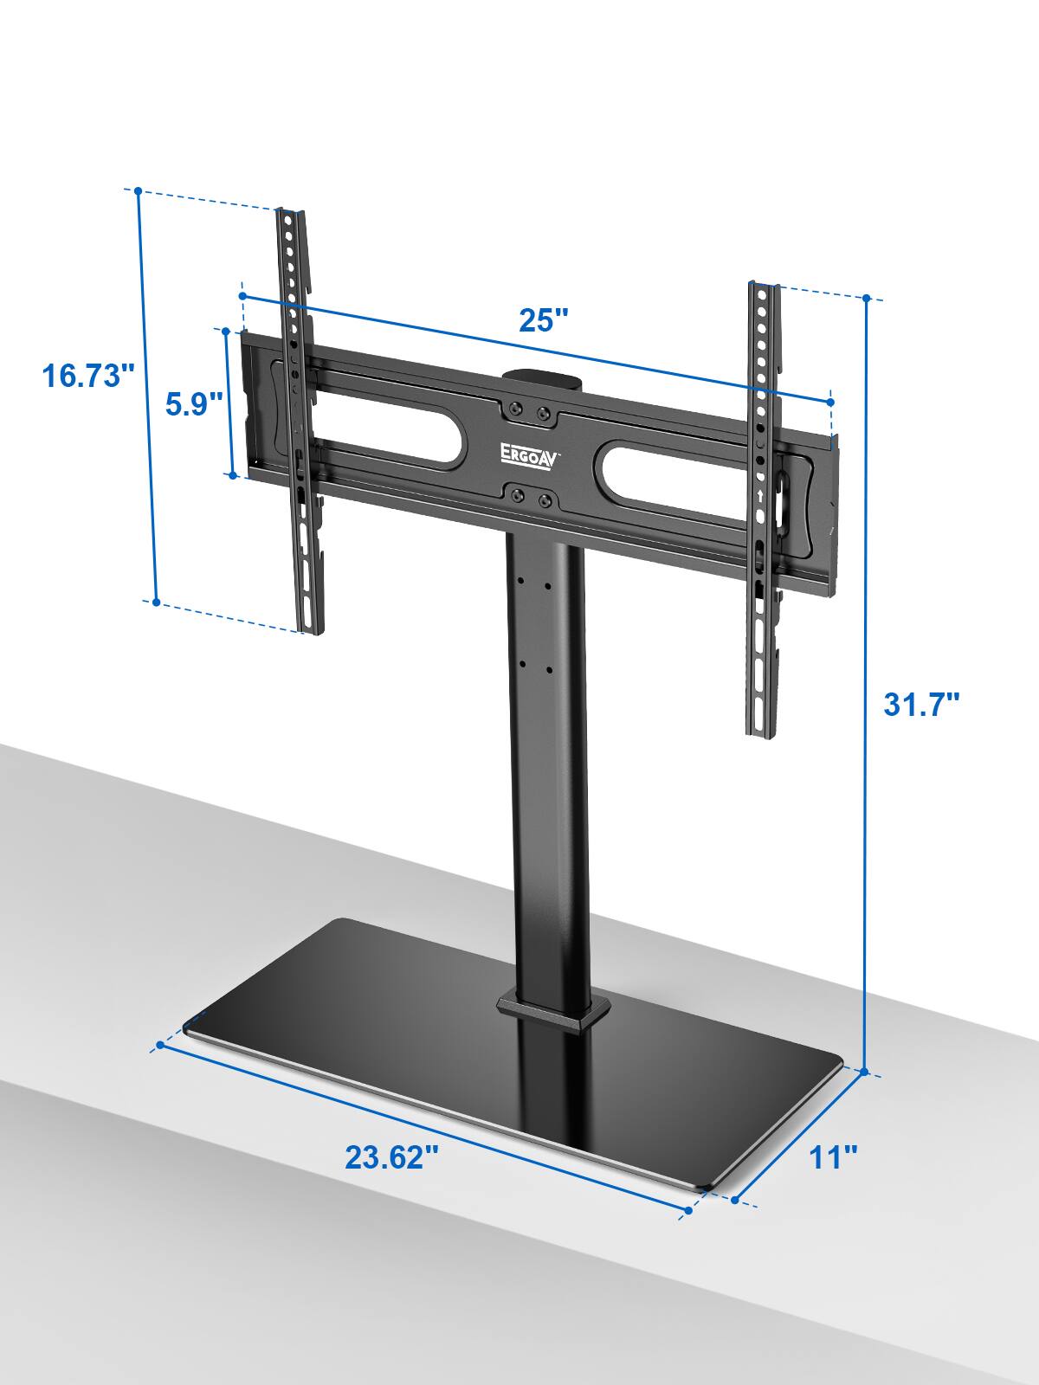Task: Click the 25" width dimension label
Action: pos(543,320)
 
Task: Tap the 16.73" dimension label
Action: pos(89,377)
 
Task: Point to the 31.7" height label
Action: pos(921,703)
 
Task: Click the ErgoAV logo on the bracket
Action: pos(530,452)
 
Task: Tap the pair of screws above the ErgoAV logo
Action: pos(529,412)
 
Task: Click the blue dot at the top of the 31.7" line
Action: pos(866,299)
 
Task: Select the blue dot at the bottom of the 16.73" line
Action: pos(157,602)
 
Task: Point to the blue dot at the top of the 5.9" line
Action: pos(227,330)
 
